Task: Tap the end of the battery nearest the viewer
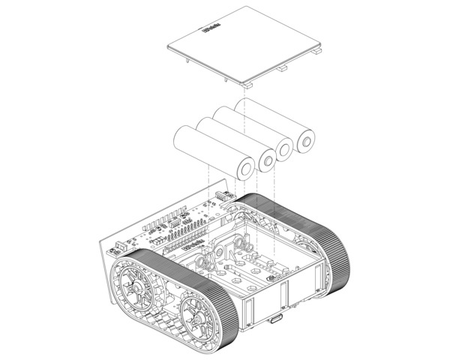pyautogui.click(x=246, y=167)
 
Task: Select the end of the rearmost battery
pyautogui.click(x=305, y=140)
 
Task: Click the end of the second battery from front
pyautogui.click(x=266, y=159)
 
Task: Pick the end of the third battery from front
pyautogui.click(x=286, y=149)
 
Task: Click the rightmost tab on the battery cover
pyautogui.click(x=318, y=51)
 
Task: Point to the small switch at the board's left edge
pyautogui.click(x=120, y=247)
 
